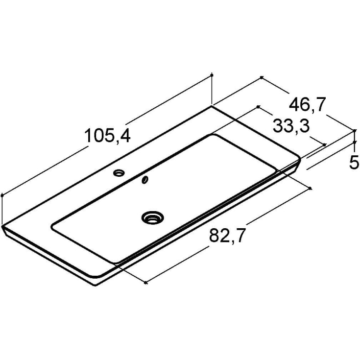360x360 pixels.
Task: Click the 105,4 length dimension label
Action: [107, 136]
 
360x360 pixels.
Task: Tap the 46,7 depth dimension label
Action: [308, 105]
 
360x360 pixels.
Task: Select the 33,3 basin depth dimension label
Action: [291, 126]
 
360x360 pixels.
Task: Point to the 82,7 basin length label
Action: [226, 236]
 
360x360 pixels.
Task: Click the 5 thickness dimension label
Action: [354, 162]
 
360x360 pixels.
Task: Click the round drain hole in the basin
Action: [152, 217]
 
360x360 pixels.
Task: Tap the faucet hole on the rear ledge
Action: [119, 173]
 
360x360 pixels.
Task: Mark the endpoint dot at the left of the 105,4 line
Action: [2, 195]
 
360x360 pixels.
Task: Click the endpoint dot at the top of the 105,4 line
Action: [212, 75]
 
